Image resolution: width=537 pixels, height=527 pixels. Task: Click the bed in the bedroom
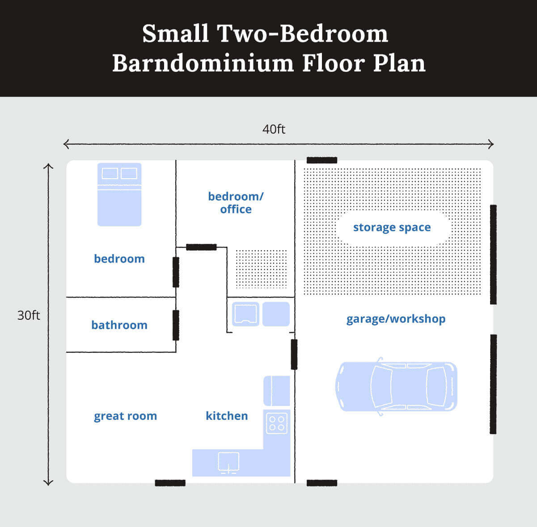(x=119, y=194)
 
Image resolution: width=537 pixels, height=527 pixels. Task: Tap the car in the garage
(x=396, y=386)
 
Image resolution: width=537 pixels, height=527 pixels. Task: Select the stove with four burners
(x=276, y=422)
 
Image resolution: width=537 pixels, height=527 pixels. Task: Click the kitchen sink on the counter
(x=228, y=462)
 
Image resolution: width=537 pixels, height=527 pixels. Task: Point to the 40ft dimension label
(x=274, y=129)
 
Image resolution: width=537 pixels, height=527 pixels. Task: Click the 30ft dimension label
(x=29, y=315)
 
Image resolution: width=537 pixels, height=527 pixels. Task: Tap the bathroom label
(x=119, y=325)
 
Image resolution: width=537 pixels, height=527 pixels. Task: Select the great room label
(x=125, y=416)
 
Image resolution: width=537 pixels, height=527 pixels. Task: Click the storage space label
(x=392, y=227)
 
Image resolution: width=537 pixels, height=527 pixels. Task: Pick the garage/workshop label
(x=396, y=319)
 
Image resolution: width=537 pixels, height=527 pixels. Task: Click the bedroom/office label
(x=236, y=203)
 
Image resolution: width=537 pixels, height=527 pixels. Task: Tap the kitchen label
(x=227, y=416)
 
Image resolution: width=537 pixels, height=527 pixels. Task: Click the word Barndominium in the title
(x=203, y=63)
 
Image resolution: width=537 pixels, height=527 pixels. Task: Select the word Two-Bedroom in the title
(x=302, y=33)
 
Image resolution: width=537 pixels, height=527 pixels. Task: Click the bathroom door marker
(x=176, y=325)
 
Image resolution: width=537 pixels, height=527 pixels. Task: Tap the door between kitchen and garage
(x=294, y=354)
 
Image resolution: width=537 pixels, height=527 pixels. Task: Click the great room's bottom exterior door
(x=170, y=483)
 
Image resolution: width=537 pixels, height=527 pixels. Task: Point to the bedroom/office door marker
(x=201, y=247)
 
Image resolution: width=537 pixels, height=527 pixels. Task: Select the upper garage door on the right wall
(x=493, y=255)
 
